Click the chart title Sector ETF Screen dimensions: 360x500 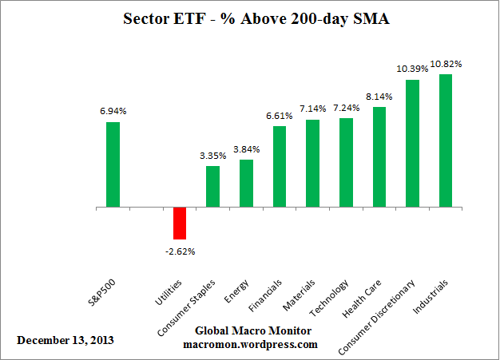click(249, 18)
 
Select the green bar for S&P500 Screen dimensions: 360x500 click(113, 164)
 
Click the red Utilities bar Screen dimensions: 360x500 click(179, 224)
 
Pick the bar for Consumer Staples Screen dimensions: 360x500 click(212, 187)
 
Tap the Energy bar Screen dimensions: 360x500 click(246, 184)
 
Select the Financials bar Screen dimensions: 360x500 click(280, 167)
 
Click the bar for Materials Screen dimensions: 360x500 click(312, 164)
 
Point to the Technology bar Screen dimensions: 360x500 click(346, 163)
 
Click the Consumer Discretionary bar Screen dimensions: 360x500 click(413, 144)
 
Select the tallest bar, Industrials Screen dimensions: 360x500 click(446, 141)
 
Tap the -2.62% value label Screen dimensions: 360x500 click(179, 251)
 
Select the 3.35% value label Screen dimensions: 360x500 click(212, 156)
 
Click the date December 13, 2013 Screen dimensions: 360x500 click(65, 340)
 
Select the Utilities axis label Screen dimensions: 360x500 click(173, 285)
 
